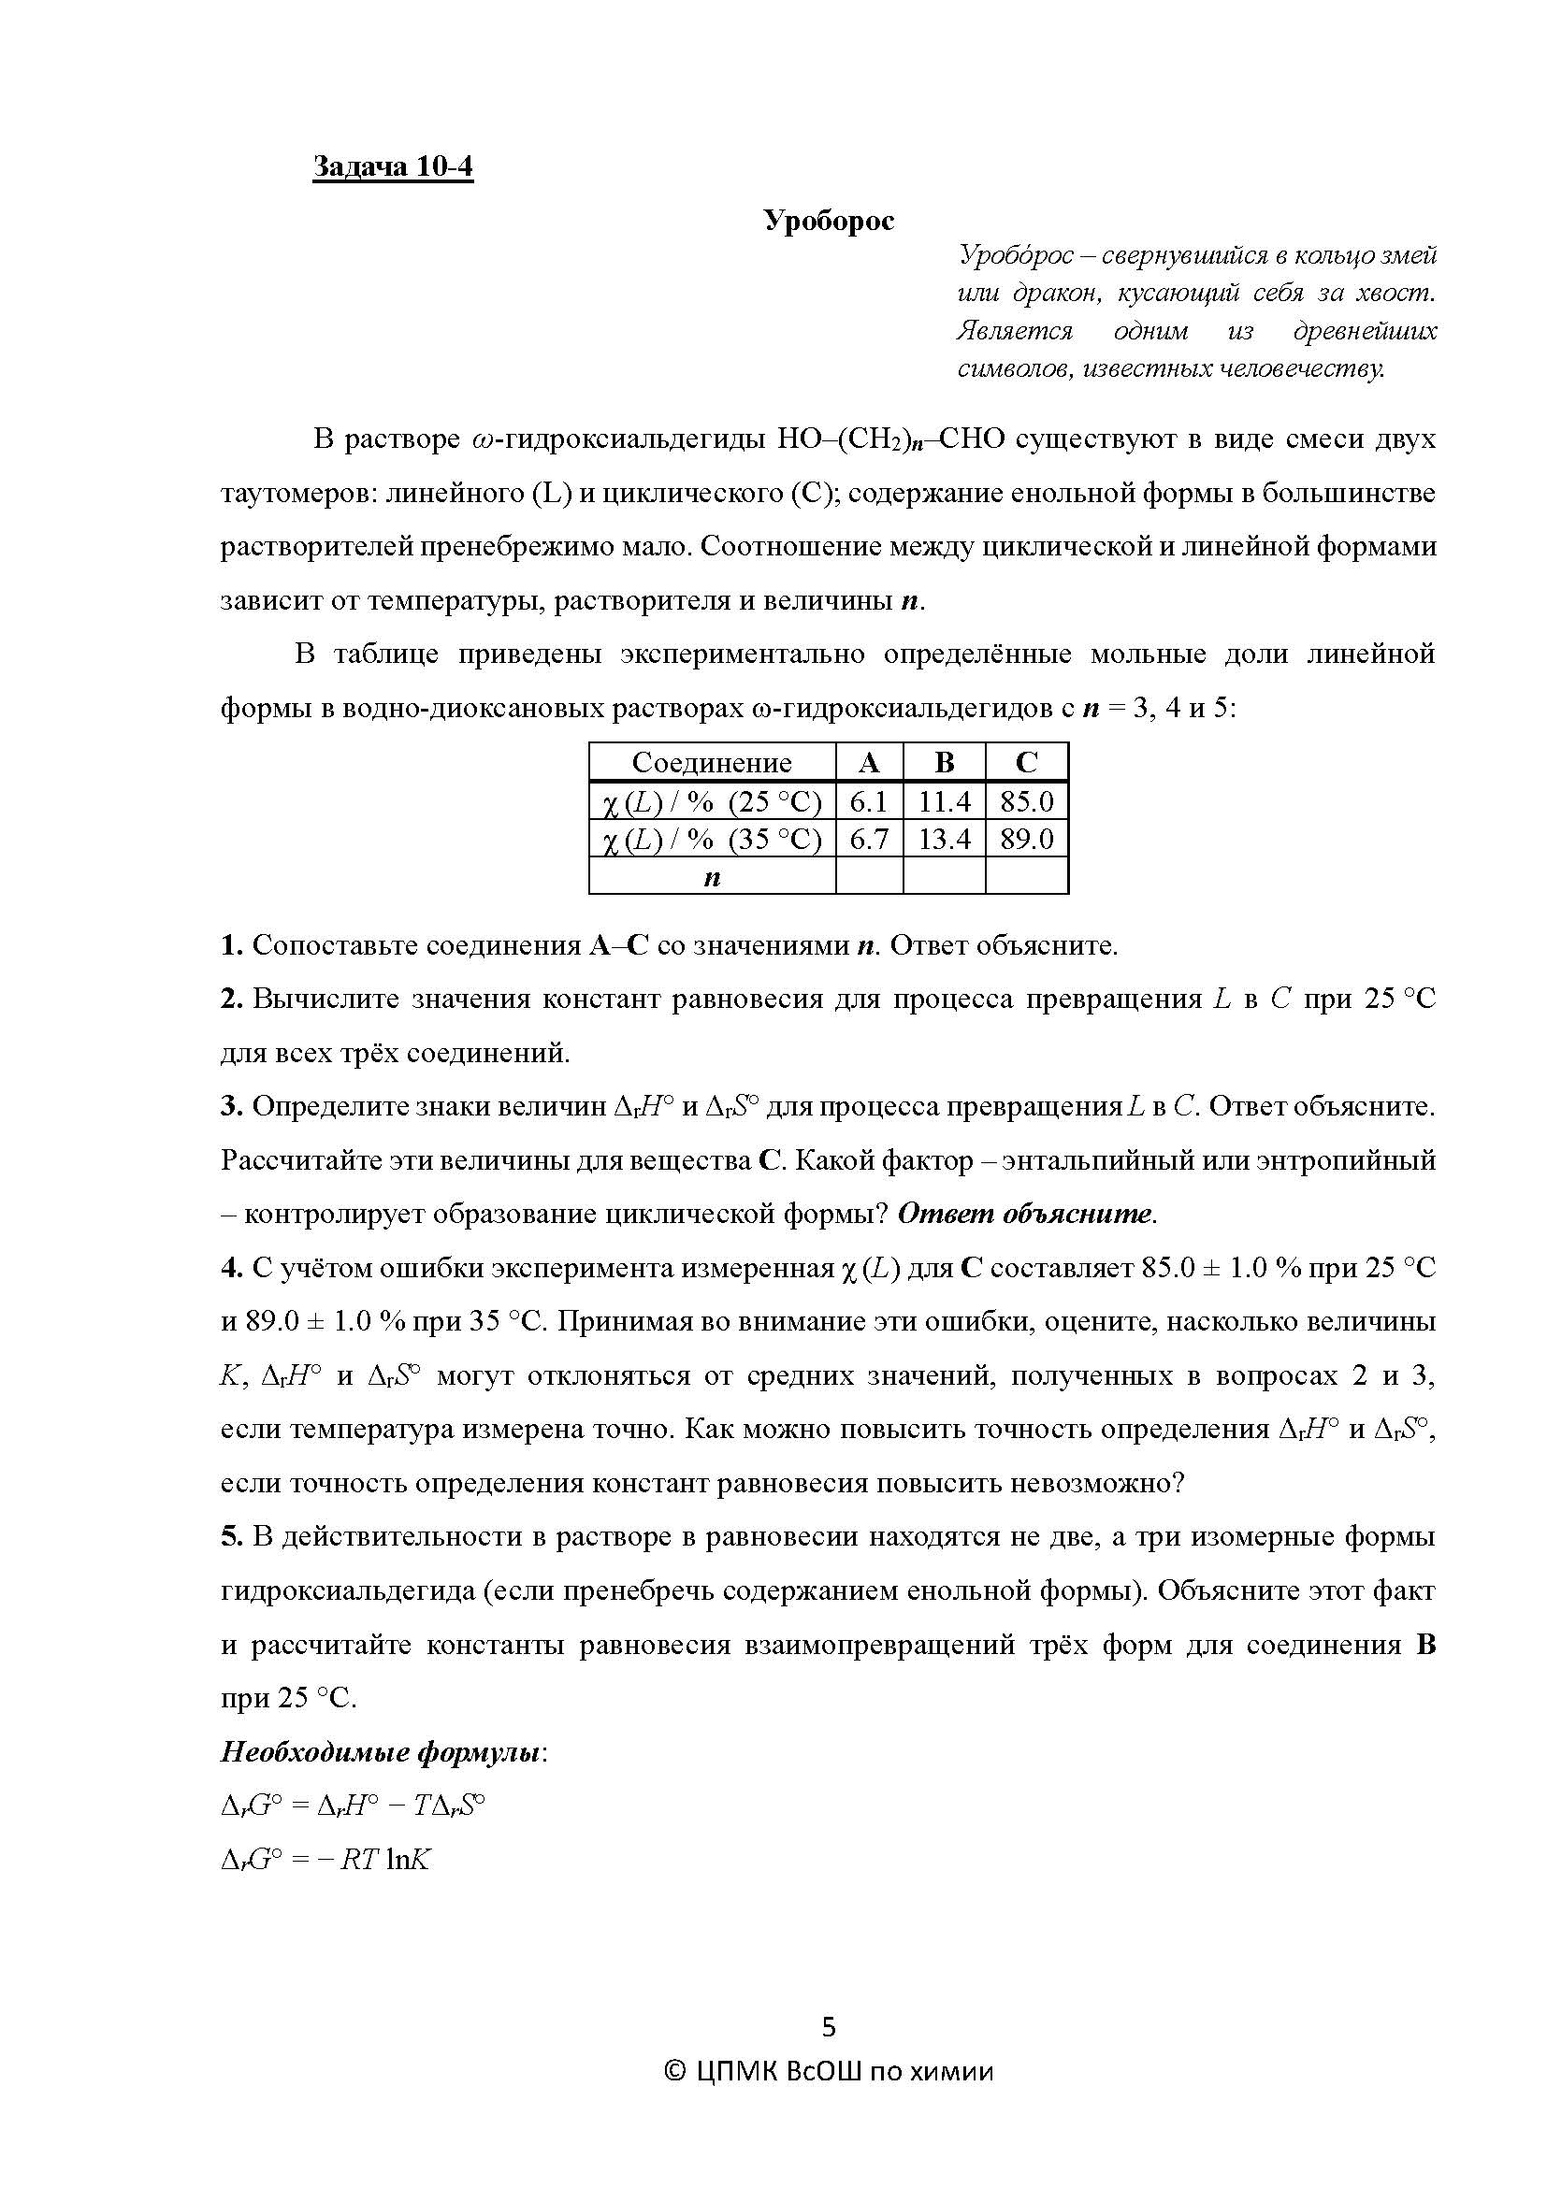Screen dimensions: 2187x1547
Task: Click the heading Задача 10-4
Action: click(x=393, y=166)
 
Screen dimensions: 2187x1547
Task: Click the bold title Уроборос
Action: click(x=829, y=221)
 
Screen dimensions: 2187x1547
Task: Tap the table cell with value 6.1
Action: click(x=868, y=802)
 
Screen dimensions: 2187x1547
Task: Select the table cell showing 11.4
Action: click(x=943, y=802)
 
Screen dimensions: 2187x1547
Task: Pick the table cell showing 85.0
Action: click(x=1026, y=802)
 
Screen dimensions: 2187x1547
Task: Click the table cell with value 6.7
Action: click(x=868, y=839)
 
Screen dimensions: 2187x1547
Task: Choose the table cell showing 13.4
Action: click(x=943, y=839)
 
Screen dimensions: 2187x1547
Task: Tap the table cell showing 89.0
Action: click(x=1026, y=839)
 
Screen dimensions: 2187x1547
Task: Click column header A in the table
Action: click(x=868, y=763)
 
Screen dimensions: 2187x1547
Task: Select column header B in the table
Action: click(x=943, y=763)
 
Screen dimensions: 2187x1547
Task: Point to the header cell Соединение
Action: click(x=712, y=763)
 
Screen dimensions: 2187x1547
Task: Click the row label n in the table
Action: click(x=712, y=877)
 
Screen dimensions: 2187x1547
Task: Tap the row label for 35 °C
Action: click(x=712, y=839)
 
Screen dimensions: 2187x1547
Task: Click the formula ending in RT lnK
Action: click(x=325, y=1860)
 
